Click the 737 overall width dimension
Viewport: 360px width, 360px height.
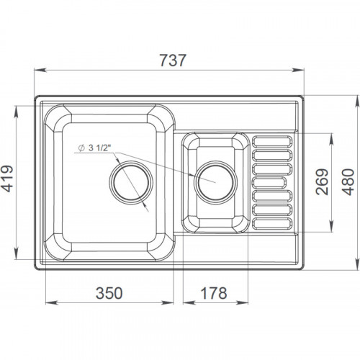(x=173, y=60)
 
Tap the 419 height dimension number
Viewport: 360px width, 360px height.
(x=8, y=179)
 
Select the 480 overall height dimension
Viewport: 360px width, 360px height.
(x=348, y=182)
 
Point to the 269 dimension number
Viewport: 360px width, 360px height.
(x=322, y=181)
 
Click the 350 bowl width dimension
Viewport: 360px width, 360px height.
(x=109, y=293)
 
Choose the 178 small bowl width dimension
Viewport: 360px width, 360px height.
(x=214, y=293)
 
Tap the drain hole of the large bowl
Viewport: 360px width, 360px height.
(x=131, y=182)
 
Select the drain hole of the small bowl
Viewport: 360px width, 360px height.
(x=215, y=182)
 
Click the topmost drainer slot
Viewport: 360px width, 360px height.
(x=272, y=141)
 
